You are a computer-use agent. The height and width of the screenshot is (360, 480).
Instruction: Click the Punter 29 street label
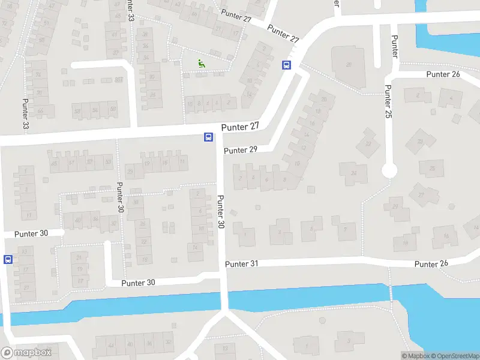tap(240, 150)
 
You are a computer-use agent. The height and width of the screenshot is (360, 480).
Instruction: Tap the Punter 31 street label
tap(242, 264)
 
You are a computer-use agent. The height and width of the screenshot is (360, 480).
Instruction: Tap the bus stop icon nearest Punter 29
tap(208, 137)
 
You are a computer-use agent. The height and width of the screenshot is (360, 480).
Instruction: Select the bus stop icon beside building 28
tap(286, 65)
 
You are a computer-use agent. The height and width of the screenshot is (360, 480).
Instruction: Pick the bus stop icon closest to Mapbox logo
tap(8, 259)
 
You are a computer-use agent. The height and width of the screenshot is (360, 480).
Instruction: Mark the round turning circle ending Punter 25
tap(389, 171)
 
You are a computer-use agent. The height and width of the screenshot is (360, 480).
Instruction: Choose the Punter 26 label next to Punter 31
tap(431, 264)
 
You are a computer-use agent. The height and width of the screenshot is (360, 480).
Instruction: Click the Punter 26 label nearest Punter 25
tap(443, 74)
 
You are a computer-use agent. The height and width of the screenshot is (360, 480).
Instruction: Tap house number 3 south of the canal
tap(347, 341)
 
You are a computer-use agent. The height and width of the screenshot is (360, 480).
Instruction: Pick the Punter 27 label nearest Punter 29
tap(240, 127)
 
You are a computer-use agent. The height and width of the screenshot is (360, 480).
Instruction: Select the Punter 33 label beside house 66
tap(26, 113)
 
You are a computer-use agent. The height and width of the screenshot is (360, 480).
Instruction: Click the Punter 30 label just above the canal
tap(138, 283)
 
